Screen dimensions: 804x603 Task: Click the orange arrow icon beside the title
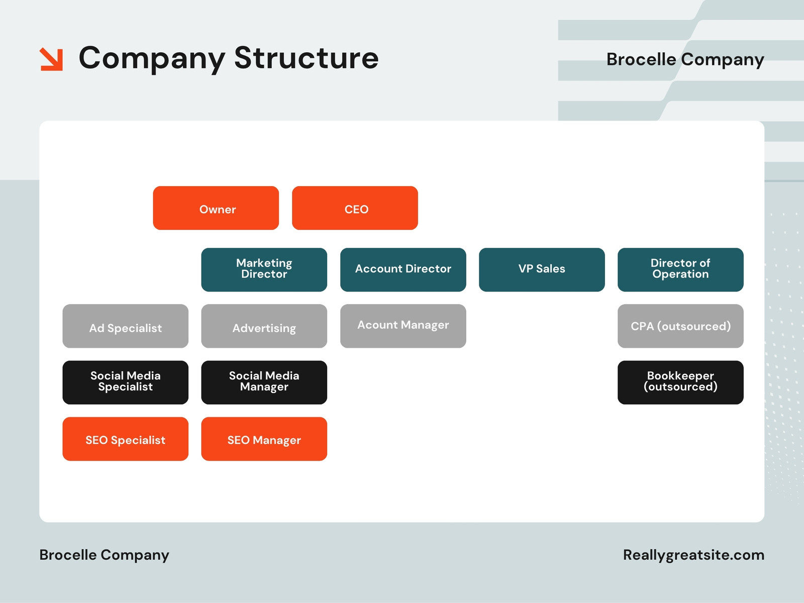coord(51,59)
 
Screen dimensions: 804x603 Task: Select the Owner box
coord(216,208)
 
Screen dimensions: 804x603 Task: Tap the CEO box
coord(355,208)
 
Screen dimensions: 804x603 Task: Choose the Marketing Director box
coord(264,269)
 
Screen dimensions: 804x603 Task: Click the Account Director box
coord(403,269)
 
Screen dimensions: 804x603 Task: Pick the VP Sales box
coord(542,269)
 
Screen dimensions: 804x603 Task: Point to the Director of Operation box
coord(680,269)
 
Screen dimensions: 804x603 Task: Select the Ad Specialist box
coord(125,326)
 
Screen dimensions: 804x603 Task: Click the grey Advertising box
coord(264,326)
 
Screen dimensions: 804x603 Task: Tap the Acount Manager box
coord(403,326)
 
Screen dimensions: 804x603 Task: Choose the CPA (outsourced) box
coord(680,326)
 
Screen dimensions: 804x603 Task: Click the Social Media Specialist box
coord(125,382)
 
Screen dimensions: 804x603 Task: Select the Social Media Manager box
coord(264,382)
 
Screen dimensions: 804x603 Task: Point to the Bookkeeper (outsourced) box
coord(680,382)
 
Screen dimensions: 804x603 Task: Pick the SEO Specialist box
coord(125,439)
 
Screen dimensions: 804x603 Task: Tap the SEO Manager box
coord(264,439)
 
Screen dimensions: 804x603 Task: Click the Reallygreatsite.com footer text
coord(694,555)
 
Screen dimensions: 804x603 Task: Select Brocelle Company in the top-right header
coord(685,60)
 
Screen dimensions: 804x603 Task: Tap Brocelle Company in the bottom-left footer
coord(105,555)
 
